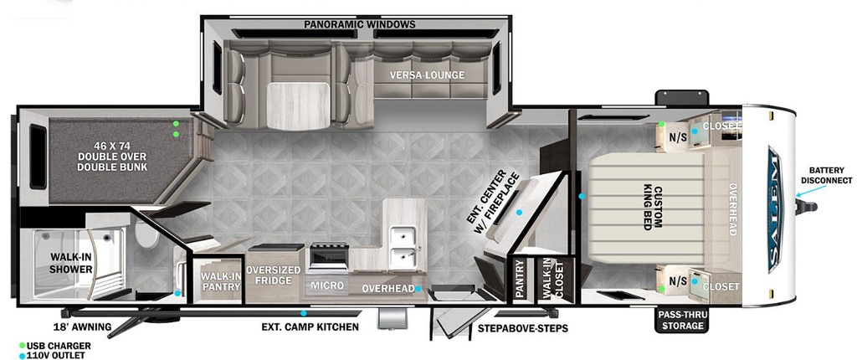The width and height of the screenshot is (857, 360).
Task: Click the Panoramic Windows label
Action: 360,24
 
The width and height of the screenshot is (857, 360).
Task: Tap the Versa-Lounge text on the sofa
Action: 427,75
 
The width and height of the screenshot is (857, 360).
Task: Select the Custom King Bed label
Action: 653,208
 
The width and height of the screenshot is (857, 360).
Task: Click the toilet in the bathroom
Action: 146,236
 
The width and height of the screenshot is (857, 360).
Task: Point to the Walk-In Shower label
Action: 71,263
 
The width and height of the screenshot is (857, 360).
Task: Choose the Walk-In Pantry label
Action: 220,280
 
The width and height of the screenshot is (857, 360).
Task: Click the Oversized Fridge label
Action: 273,275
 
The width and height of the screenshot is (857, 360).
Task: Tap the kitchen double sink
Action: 404,244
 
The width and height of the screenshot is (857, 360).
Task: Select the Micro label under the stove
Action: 327,285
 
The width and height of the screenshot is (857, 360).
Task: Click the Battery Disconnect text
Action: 826,176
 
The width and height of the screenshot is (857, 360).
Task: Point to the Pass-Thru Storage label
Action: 680,321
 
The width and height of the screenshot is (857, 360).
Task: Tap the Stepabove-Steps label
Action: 522,328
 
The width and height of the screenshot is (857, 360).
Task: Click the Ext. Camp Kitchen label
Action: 310,327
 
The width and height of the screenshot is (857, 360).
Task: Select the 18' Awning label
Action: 82,327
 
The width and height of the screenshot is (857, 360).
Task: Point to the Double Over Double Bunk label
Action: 112,157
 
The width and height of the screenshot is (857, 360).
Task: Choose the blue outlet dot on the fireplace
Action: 519,212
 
